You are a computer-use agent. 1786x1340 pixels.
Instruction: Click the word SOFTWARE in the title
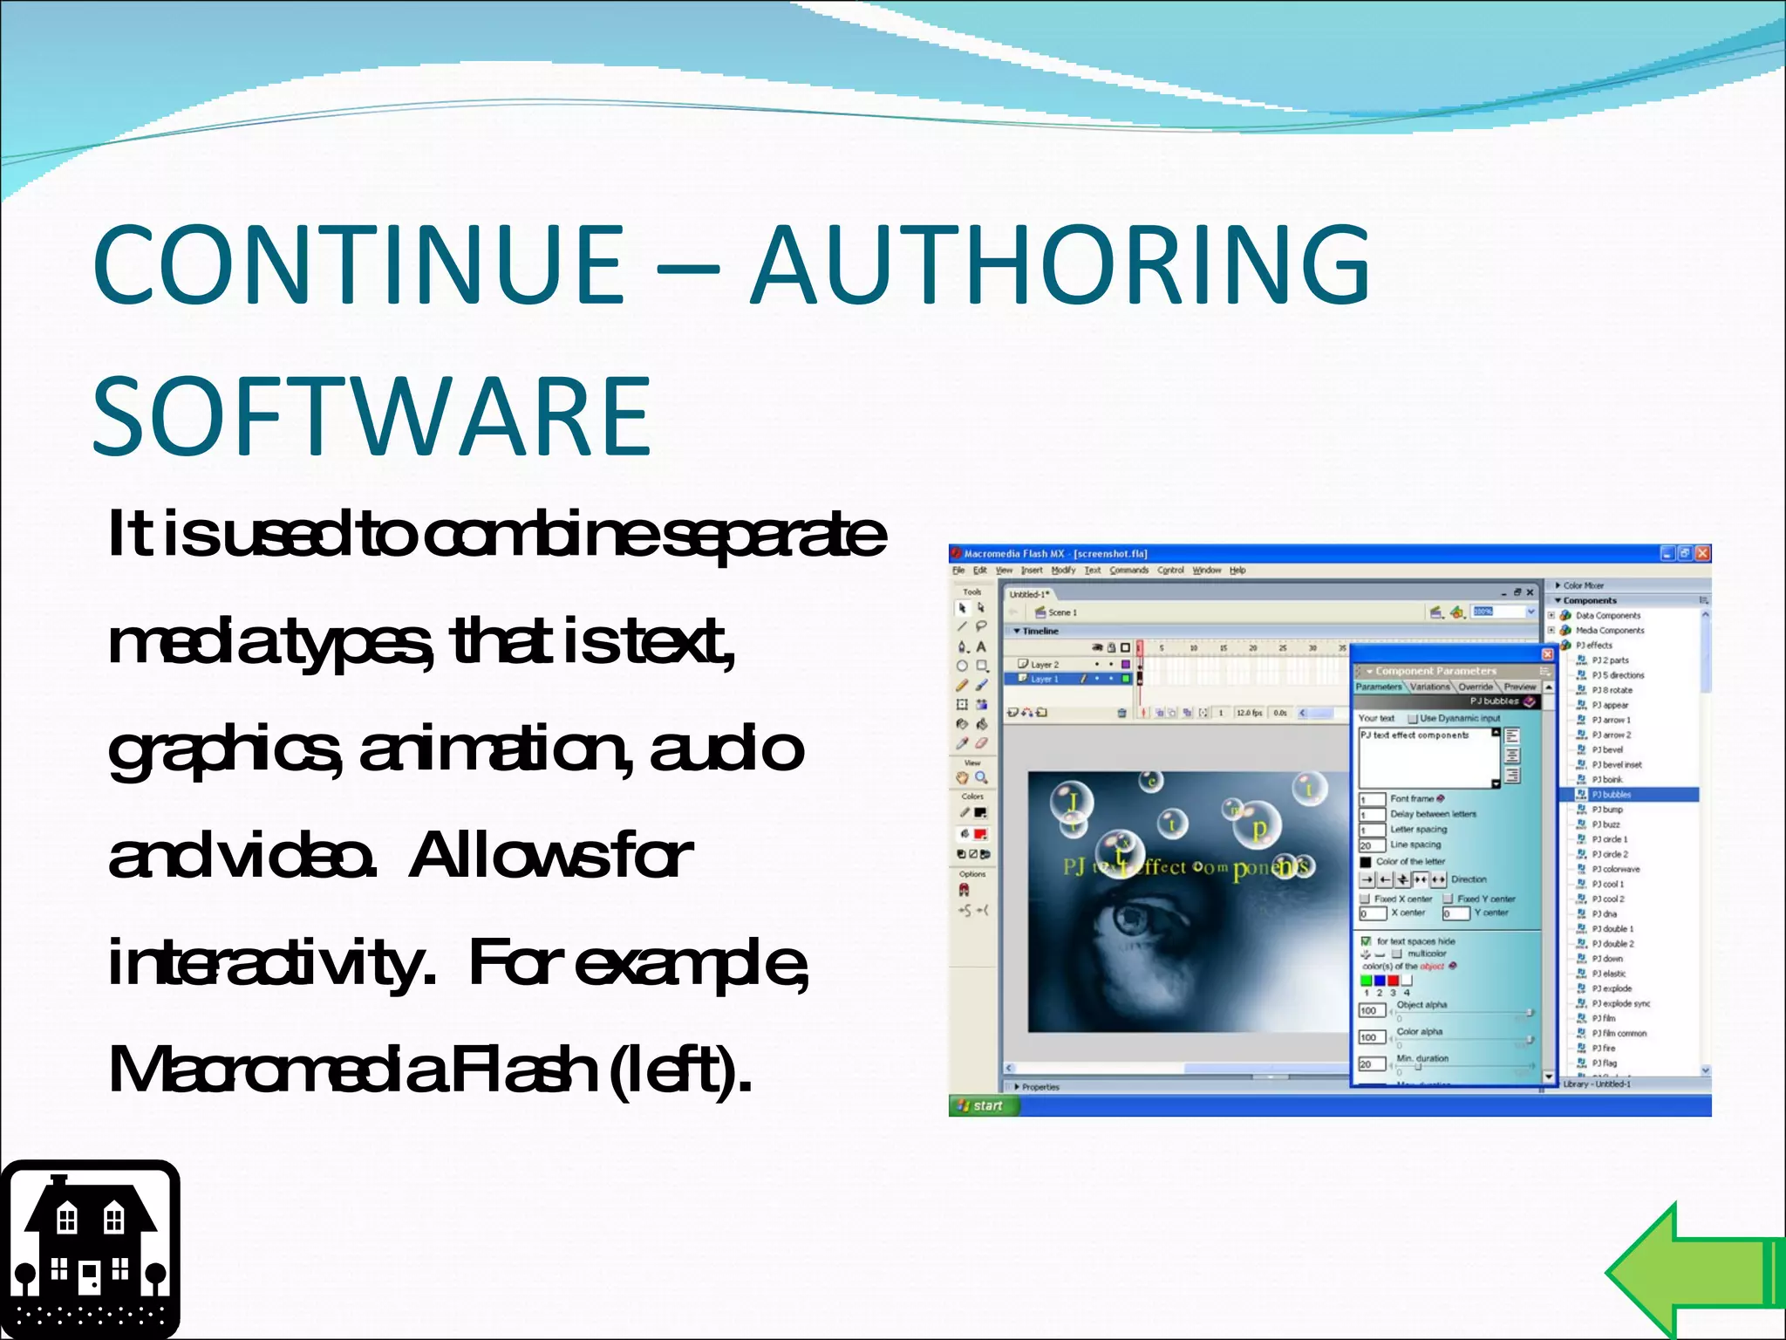pyautogui.click(x=372, y=416)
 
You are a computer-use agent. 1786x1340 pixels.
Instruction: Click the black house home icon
pyautogui.click(x=90, y=1248)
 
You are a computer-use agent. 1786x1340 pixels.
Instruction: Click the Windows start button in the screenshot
pyautogui.click(x=980, y=1105)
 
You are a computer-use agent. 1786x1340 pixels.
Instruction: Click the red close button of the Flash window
pyautogui.click(x=1702, y=553)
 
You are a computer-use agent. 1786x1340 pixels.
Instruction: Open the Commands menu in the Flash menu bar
pyautogui.click(x=1128, y=571)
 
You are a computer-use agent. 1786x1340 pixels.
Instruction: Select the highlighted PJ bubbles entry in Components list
pyautogui.click(x=1611, y=795)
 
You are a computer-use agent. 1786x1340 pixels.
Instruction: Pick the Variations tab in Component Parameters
pyautogui.click(x=1430, y=687)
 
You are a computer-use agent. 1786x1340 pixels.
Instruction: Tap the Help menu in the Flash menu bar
pyautogui.click(x=1237, y=571)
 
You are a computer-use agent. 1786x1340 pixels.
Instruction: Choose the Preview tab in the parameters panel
pyautogui.click(x=1519, y=687)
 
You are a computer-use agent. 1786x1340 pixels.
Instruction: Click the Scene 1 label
pyautogui.click(x=1062, y=612)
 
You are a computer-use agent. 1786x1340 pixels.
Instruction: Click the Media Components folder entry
pyautogui.click(x=1609, y=630)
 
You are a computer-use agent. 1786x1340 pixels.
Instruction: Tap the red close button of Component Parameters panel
pyautogui.click(x=1547, y=653)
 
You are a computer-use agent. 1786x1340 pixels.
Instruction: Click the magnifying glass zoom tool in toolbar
pyautogui.click(x=982, y=777)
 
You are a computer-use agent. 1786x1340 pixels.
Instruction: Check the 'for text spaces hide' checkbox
pyautogui.click(x=1366, y=941)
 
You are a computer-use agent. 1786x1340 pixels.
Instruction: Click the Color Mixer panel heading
pyautogui.click(x=1583, y=585)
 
